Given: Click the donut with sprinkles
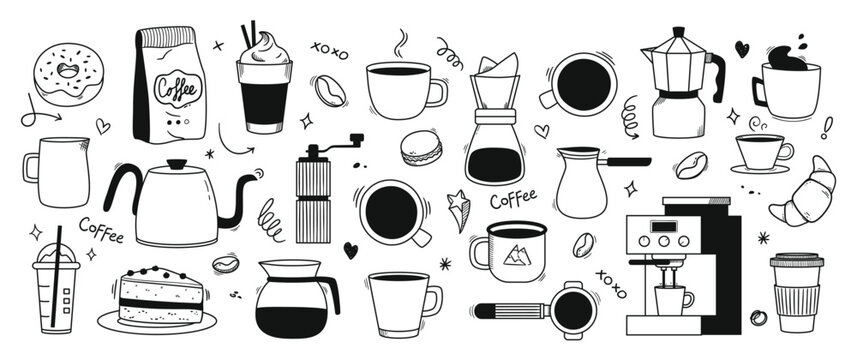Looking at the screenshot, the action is click(x=68, y=74).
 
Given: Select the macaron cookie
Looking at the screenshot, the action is click(x=421, y=147).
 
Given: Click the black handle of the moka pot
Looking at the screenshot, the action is click(x=717, y=76).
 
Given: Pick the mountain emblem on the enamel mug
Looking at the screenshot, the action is click(x=516, y=256).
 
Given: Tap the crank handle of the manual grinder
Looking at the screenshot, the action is click(x=334, y=144).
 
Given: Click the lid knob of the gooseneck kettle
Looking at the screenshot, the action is click(x=177, y=164).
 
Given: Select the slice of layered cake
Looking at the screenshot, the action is click(x=160, y=296).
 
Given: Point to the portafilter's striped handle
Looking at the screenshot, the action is click(x=512, y=311).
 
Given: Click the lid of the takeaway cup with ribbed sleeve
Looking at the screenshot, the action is click(x=796, y=260).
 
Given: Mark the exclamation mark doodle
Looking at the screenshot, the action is click(x=827, y=127).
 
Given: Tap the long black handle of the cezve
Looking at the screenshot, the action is click(x=624, y=162).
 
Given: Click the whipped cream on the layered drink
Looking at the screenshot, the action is click(x=265, y=50).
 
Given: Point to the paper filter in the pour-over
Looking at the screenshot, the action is click(x=497, y=67).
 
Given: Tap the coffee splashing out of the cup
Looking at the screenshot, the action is click(x=787, y=57).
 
